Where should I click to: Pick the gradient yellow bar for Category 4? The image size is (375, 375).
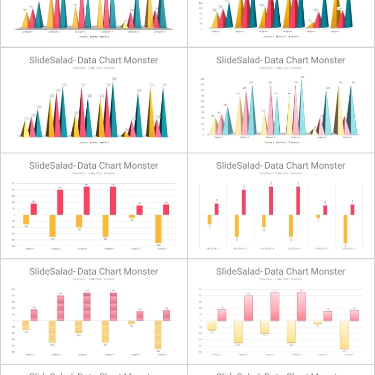pos(292,331)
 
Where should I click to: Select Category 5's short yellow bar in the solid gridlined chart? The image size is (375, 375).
pos(132,217)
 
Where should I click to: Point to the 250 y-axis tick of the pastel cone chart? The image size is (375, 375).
pos(202,107)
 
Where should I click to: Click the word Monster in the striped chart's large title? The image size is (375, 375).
pos(142,271)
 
